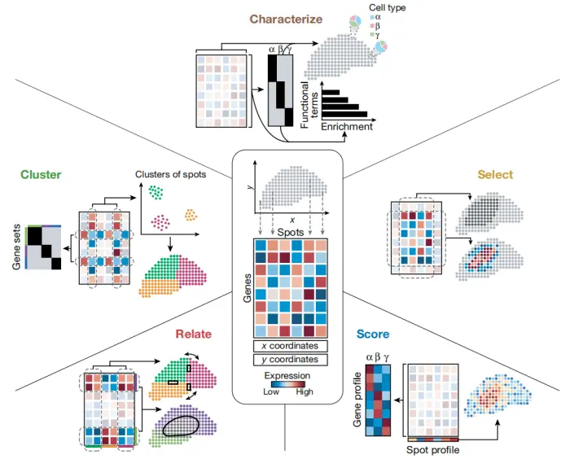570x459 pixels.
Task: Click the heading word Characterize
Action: pos(286,19)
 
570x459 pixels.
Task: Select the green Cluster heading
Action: pos(41,175)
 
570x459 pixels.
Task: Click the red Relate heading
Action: pos(192,334)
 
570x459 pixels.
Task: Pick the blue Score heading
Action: pos(372,334)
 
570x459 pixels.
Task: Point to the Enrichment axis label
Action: pos(346,127)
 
